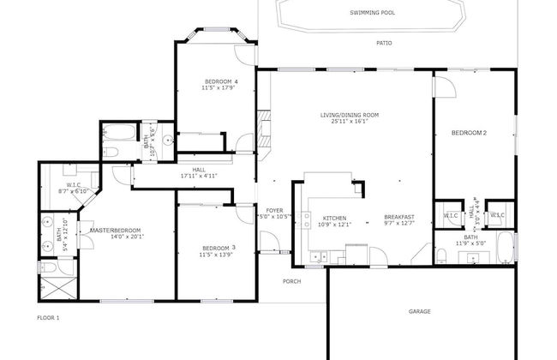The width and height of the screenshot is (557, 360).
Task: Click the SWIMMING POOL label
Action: tap(372, 13)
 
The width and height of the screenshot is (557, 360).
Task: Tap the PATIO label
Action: tap(384, 43)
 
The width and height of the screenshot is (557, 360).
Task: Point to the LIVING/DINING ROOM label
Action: tap(349, 115)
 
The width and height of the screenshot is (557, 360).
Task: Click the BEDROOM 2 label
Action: tap(470, 133)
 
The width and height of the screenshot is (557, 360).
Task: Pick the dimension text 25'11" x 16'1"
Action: tap(349, 122)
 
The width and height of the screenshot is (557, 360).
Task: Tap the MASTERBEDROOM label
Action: tap(116, 230)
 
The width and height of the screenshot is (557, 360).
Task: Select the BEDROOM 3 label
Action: tap(219, 248)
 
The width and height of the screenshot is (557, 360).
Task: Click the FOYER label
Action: tap(274, 210)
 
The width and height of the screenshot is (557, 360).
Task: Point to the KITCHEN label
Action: tap(333, 218)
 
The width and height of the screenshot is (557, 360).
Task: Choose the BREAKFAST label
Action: tap(399, 218)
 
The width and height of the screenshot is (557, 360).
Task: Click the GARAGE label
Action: tap(419, 311)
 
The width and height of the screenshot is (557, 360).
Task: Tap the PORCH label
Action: tap(293, 281)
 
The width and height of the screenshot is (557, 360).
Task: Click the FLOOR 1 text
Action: tap(49, 318)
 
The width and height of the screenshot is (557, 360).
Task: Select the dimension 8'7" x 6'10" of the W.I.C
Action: tap(74, 191)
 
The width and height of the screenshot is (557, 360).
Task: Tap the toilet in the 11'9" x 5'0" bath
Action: tap(441, 255)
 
